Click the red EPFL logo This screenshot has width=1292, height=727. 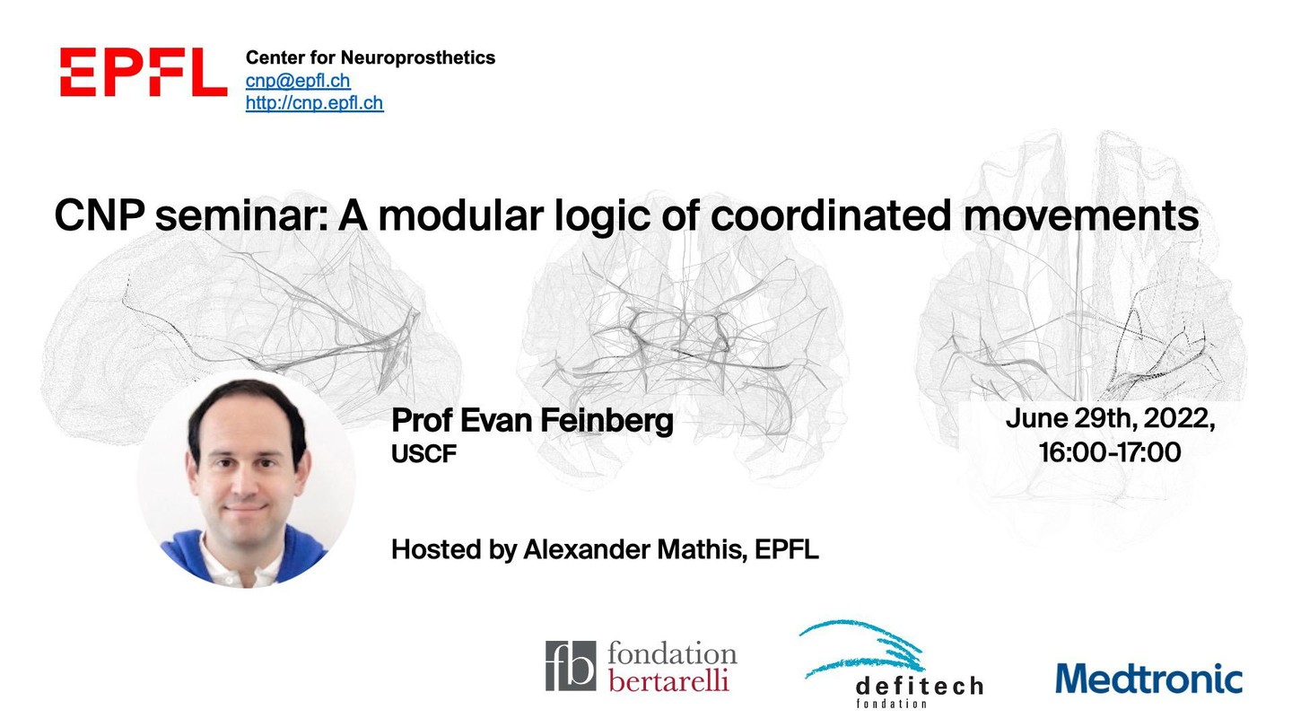click(x=143, y=72)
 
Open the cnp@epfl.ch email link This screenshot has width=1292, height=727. click(x=298, y=81)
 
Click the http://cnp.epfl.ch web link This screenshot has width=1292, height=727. click(x=314, y=102)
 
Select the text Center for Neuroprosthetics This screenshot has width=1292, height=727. click(x=371, y=57)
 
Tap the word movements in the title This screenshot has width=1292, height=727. click(x=1081, y=215)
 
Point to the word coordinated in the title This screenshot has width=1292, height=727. click(x=830, y=215)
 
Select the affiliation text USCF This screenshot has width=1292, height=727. click(x=423, y=454)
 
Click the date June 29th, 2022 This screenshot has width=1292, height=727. click(x=1111, y=418)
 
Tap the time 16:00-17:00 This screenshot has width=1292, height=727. click(x=1111, y=451)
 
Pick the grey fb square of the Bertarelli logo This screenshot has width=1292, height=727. click(x=571, y=666)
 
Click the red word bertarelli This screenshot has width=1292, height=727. click(x=669, y=681)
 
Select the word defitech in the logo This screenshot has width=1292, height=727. click(x=920, y=686)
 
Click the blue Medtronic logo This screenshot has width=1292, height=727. click(x=1148, y=678)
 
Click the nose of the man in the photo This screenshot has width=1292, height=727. click(x=246, y=481)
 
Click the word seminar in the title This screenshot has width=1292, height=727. click(x=241, y=215)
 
